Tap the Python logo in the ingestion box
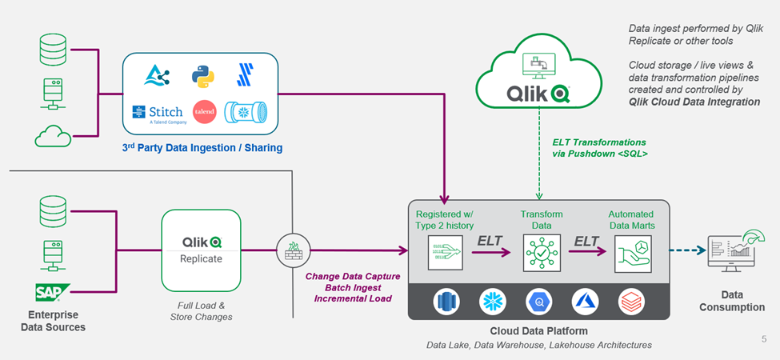click(x=203, y=76)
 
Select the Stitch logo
click(x=158, y=112)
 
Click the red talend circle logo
click(x=204, y=112)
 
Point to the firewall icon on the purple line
click(x=291, y=250)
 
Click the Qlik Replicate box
click(x=201, y=250)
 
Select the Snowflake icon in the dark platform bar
click(x=490, y=301)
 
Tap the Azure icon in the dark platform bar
click(x=585, y=301)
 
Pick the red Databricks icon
click(x=631, y=301)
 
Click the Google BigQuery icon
click(x=538, y=301)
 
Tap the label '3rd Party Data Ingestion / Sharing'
click(x=202, y=148)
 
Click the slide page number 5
click(x=764, y=339)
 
